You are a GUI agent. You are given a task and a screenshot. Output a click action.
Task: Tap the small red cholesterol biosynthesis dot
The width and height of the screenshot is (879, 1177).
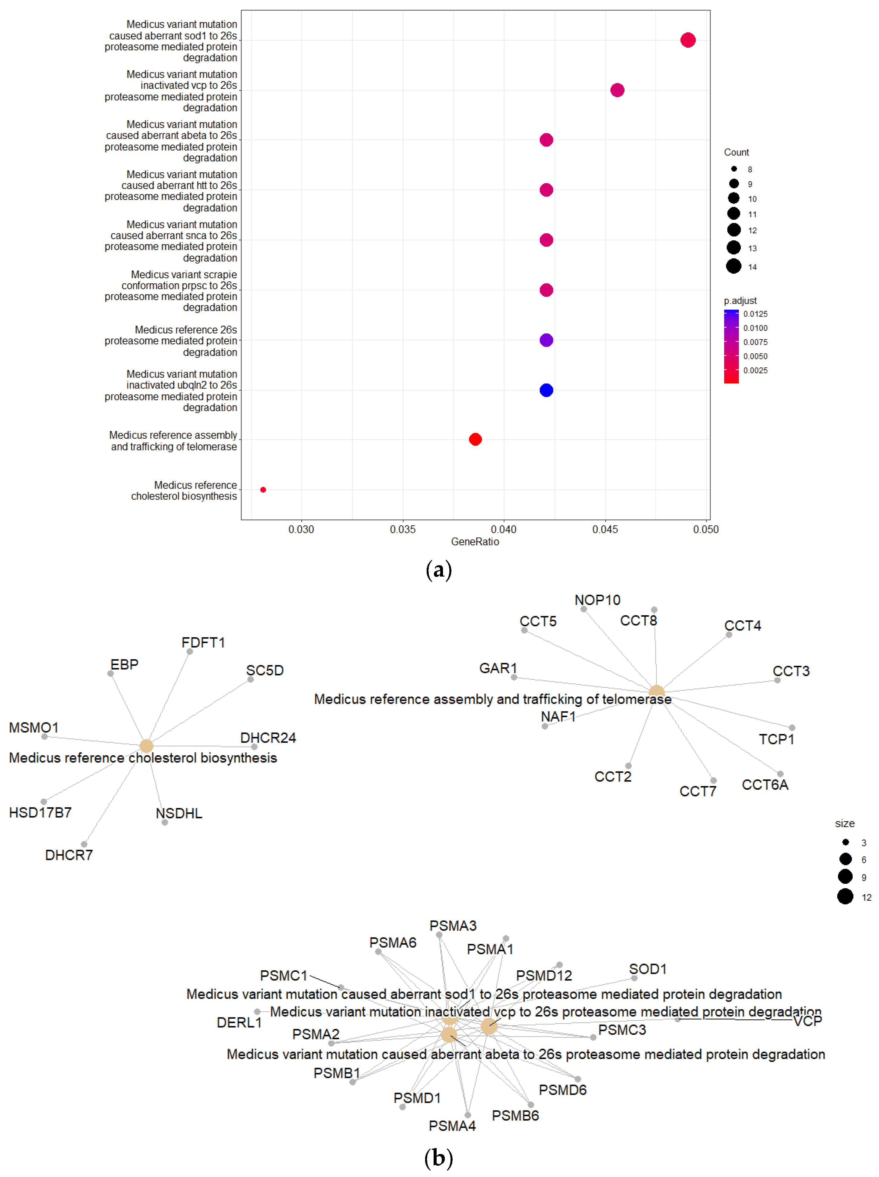pyautogui.click(x=263, y=489)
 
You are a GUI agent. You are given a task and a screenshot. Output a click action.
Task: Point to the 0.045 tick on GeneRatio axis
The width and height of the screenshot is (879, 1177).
pyautogui.click(x=605, y=529)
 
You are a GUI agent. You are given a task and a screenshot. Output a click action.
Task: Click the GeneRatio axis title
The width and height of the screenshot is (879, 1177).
pyautogui.click(x=475, y=542)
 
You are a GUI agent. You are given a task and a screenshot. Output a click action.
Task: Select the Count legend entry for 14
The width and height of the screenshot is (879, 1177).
pyautogui.click(x=734, y=266)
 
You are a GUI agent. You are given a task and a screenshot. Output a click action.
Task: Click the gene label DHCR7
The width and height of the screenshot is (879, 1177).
pyautogui.click(x=69, y=855)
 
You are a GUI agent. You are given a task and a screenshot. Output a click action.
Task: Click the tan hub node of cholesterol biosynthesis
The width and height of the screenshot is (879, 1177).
pyautogui.click(x=146, y=746)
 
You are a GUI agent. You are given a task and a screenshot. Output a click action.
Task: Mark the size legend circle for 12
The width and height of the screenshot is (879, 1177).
pyautogui.click(x=845, y=896)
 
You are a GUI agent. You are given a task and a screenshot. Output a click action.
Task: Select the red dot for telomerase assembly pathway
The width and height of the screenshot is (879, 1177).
pyautogui.click(x=475, y=439)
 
